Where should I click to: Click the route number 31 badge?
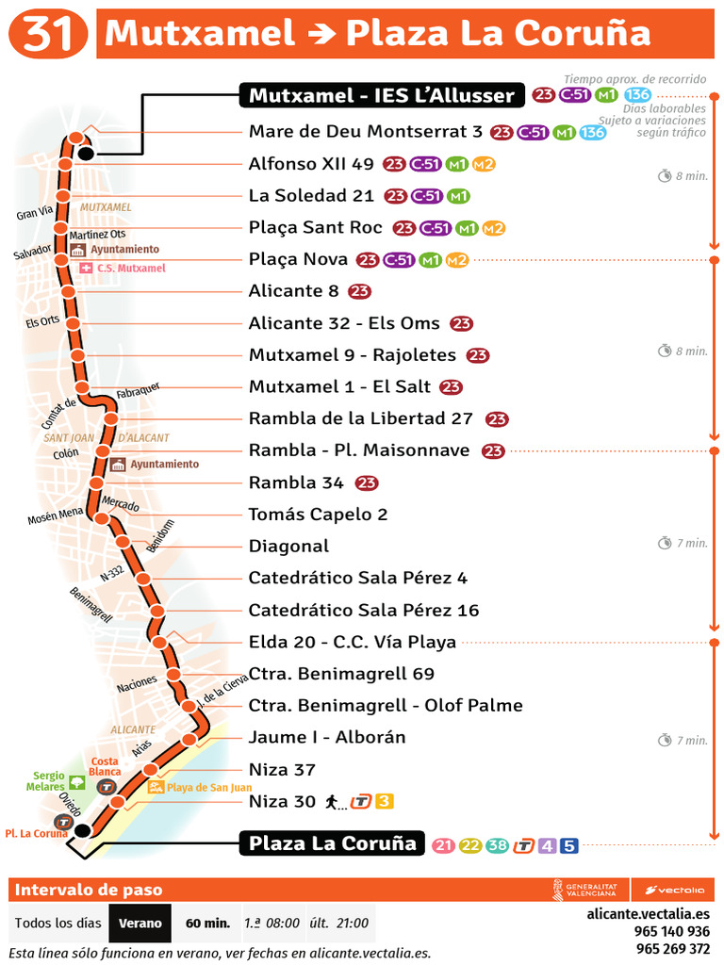pyautogui.click(x=49, y=34)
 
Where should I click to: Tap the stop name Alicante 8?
pyautogui.click(x=293, y=291)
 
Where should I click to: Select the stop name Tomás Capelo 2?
pyautogui.click(x=318, y=515)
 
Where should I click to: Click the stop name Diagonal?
pyautogui.click(x=288, y=547)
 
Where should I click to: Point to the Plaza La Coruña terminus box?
pyautogui.click(x=332, y=842)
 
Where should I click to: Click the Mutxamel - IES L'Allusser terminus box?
pyautogui.click(x=382, y=94)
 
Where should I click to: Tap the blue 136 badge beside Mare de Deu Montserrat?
pyautogui.click(x=592, y=133)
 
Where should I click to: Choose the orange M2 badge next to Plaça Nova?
pyautogui.click(x=456, y=260)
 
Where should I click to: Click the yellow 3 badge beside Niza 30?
pyautogui.click(x=384, y=802)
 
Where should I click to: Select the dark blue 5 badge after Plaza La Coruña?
pyautogui.click(x=568, y=845)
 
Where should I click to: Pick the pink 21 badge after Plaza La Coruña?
pyautogui.click(x=444, y=845)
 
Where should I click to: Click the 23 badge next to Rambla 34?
pyautogui.click(x=367, y=483)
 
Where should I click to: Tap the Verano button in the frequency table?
pyautogui.click(x=140, y=924)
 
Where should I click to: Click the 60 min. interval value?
pyautogui.click(x=207, y=924)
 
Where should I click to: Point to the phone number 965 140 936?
pyautogui.click(x=673, y=931)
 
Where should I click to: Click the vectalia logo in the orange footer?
pyautogui.click(x=675, y=890)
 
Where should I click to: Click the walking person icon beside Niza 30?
pyautogui.click(x=332, y=802)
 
